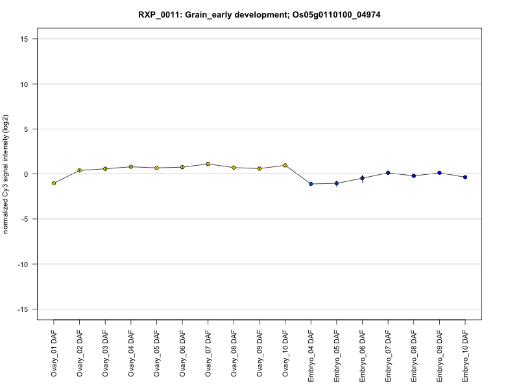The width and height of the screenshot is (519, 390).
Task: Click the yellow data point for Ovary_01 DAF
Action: coord(54,183)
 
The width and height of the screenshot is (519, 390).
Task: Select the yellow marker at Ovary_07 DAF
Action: coord(208,164)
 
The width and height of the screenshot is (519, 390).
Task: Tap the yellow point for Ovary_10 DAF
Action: coord(285,165)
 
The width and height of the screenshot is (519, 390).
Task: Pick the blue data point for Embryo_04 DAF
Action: coord(311,184)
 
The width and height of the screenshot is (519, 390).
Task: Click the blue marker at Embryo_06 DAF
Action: coord(362,178)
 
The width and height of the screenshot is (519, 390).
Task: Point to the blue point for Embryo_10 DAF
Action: coord(465,177)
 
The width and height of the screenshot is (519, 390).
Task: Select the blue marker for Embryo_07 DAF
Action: coord(388,173)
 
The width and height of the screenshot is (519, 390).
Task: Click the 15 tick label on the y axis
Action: coord(24,39)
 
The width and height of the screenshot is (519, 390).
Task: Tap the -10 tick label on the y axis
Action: coord(23,265)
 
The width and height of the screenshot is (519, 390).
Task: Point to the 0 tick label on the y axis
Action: coord(26,174)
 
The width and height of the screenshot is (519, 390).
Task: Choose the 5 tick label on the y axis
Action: coord(26,129)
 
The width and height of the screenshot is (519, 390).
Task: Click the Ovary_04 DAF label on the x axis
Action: coord(131,354)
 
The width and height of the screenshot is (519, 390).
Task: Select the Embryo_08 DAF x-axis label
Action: coord(414,356)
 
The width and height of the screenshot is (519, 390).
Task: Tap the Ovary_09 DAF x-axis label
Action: coord(259,354)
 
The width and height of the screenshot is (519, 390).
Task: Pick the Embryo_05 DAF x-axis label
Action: coord(337,356)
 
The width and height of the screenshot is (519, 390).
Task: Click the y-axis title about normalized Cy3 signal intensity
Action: coord(6,174)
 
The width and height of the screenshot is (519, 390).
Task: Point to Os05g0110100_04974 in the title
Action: coord(336,14)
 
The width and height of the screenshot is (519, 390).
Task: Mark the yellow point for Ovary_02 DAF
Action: coord(79,170)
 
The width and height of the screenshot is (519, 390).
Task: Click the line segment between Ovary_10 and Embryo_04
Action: coord(298,174)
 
